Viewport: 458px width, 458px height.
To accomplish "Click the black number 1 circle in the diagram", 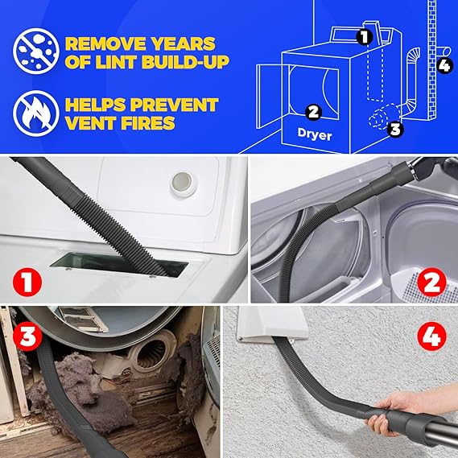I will click(x=364, y=36).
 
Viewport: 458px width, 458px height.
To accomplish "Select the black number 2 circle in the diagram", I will click(x=314, y=112).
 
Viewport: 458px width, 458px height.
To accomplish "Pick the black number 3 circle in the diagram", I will click(x=395, y=127).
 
